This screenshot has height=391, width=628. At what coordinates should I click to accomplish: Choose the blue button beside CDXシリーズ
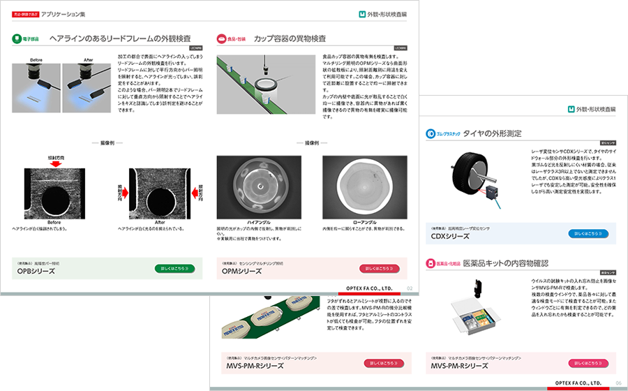coord(588,234)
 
